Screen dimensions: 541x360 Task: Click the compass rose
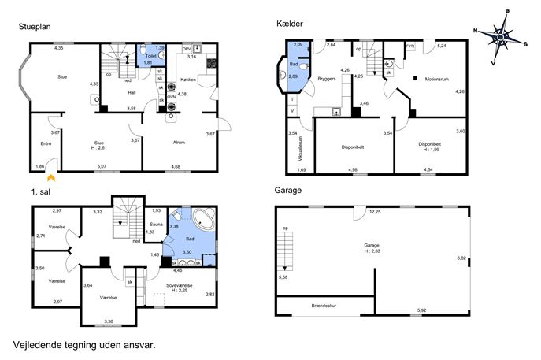[501, 36]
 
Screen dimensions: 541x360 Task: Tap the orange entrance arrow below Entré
[51, 178]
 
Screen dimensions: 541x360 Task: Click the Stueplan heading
[35, 27]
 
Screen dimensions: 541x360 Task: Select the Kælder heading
[290, 24]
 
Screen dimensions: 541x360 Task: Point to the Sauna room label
[156, 225]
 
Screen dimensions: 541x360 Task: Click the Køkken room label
[188, 80]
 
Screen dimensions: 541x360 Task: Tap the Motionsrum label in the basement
[437, 79]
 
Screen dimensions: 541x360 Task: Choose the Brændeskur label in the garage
[324, 306]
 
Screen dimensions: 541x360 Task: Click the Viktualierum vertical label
[300, 149]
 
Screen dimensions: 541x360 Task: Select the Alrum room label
[179, 143]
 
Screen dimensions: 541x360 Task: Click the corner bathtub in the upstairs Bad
[204, 218]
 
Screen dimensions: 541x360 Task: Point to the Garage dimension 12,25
[375, 212]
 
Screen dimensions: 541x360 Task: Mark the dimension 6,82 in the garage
[461, 258]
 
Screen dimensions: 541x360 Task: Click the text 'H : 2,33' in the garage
[372, 251]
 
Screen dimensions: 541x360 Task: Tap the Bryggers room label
[327, 79]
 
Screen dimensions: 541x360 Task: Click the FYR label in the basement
[410, 46]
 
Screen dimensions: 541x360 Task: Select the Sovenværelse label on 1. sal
[179, 285]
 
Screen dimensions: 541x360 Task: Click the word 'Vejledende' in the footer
[38, 345]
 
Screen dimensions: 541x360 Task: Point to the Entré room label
[46, 143]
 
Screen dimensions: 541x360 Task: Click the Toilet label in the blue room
[150, 56]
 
